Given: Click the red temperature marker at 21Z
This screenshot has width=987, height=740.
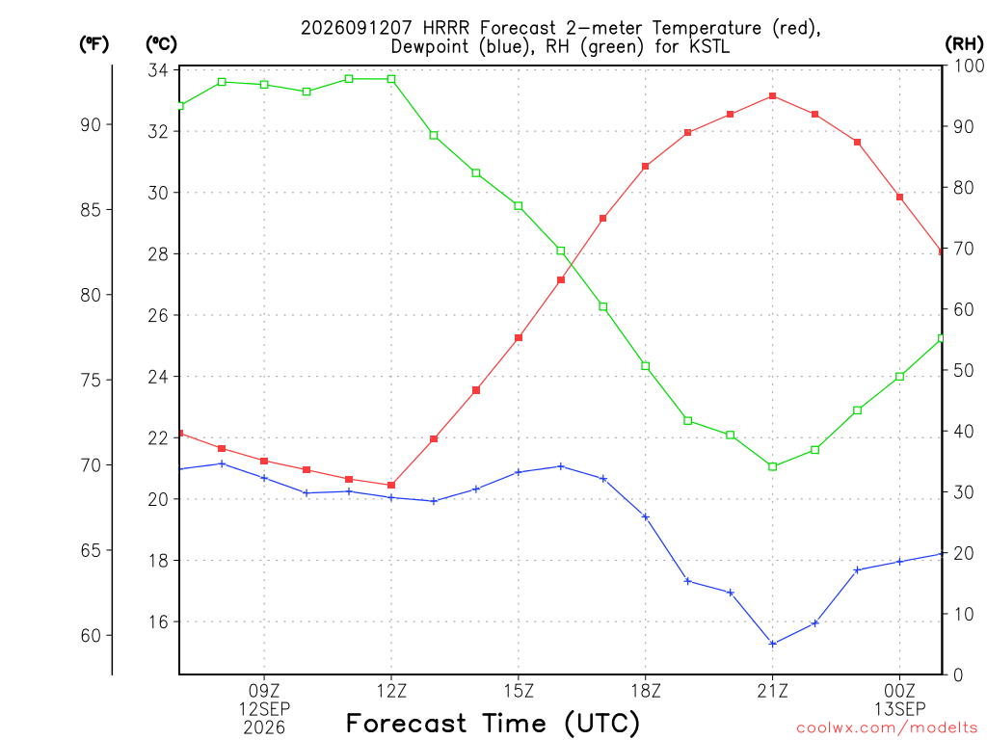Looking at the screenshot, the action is click(772, 96).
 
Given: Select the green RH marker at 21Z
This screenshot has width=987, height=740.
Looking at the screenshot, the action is click(772, 466).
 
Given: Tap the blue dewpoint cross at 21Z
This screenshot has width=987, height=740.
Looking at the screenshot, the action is click(772, 644).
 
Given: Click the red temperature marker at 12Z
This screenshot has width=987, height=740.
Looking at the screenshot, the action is click(391, 486).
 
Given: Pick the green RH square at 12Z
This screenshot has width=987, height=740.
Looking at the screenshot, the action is click(391, 79).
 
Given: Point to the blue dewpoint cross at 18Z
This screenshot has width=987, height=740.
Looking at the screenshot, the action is click(645, 517).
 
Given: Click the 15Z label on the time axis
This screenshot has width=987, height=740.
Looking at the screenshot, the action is click(519, 692).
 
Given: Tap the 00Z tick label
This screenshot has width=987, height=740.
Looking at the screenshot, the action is click(899, 692).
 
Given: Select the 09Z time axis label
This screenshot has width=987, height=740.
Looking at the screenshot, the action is click(264, 692).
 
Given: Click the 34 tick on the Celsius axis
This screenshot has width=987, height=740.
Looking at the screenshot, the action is click(158, 69).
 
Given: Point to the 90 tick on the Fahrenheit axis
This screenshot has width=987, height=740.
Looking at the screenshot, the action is click(91, 124).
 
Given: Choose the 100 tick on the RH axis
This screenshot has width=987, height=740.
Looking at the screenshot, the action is click(970, 66).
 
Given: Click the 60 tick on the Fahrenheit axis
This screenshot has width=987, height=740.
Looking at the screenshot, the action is click(91, 636).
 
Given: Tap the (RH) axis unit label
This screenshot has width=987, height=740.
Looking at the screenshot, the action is click(964, 44).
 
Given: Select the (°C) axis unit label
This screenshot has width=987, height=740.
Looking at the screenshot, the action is click(161, 44).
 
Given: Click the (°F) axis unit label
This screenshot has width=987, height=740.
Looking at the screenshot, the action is click(93, 44).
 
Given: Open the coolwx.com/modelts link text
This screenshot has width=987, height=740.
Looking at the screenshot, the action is click(887, 728).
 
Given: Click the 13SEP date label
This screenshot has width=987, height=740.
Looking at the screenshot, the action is click(899, 709).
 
